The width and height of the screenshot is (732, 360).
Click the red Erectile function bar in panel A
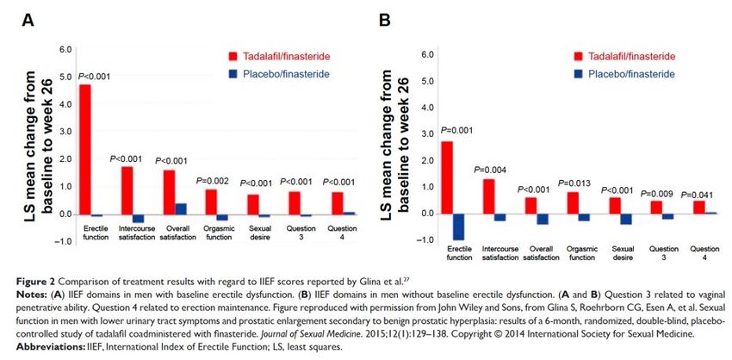pyautogui.click(x=84, y=150)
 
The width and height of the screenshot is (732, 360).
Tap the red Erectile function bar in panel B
pyautogui.click(x=447, y=177)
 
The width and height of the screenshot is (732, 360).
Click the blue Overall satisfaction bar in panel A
pyautogui.click(x=181, y=209)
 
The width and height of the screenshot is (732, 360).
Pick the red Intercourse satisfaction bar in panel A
pyautogui.click(x=127, y=190)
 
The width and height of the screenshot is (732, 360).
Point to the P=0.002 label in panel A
pyautogui.click(x=213, y=181)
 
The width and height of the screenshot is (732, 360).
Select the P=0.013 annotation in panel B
pyautogui.click(x=574, y=183)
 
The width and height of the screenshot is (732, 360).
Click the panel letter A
pyautogui.click(x=28, y=21)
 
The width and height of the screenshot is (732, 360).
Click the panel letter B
pyautogui.click(x=385, y=21)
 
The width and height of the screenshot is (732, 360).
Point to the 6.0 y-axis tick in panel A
pyautogui.click(x=64, y=49)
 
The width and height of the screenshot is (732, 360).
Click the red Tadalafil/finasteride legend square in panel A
pyautogui.click(x=233, y=57)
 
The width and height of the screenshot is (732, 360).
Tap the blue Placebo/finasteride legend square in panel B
pyautogui.click(x=579, y=74)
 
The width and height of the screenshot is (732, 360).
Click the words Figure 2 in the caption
pyautogui.click(x=35, y=281)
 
